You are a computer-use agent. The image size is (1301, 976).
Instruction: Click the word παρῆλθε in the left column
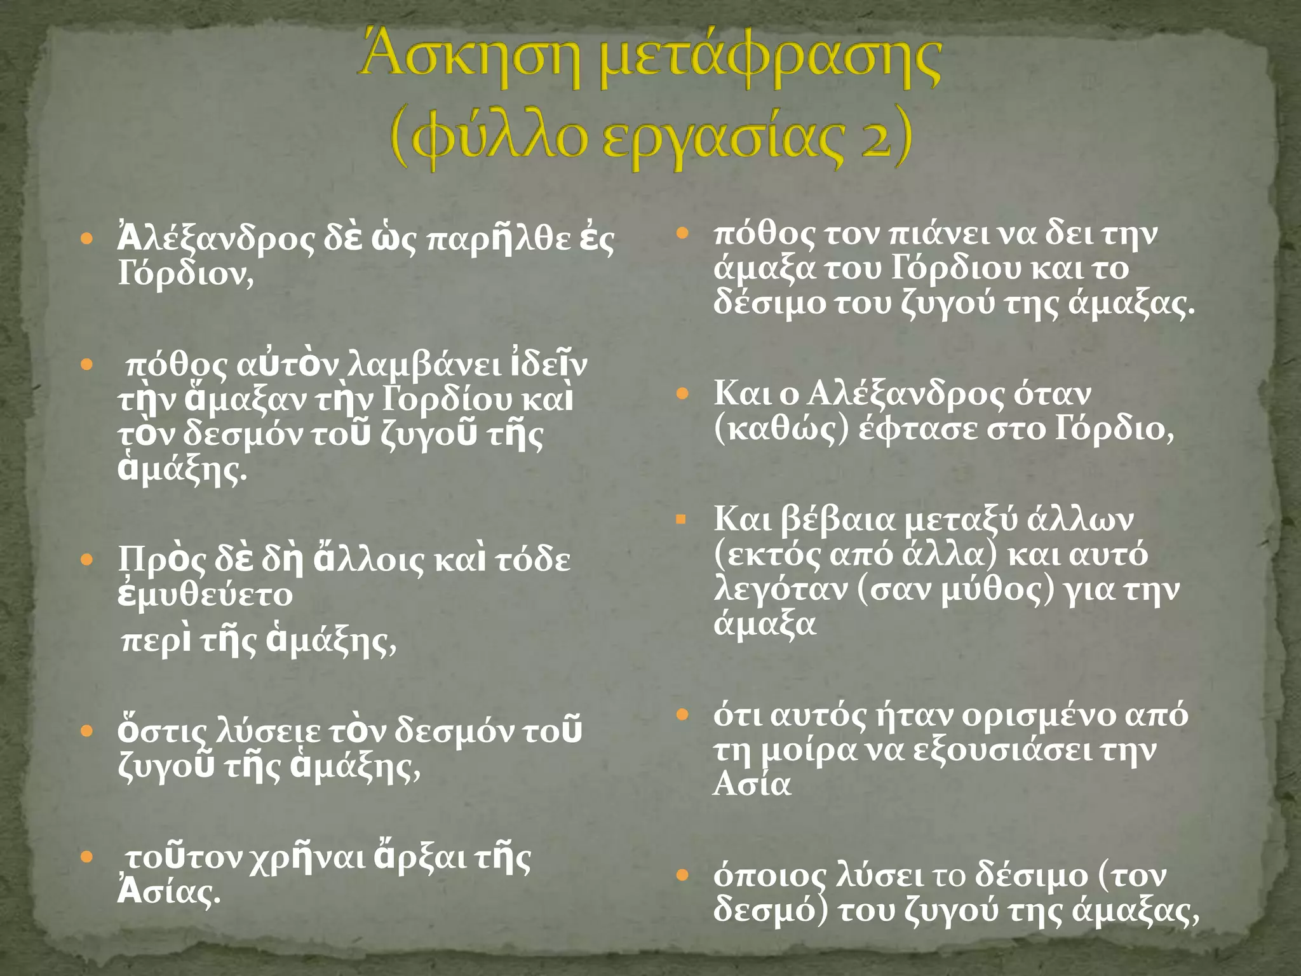point(489,240)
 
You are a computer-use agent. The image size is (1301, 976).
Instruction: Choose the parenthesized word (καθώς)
point(781,430)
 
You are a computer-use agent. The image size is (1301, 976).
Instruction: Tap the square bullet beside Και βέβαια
point(682,520)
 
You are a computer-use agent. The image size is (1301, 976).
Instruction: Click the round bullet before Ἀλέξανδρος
point(88,240)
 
